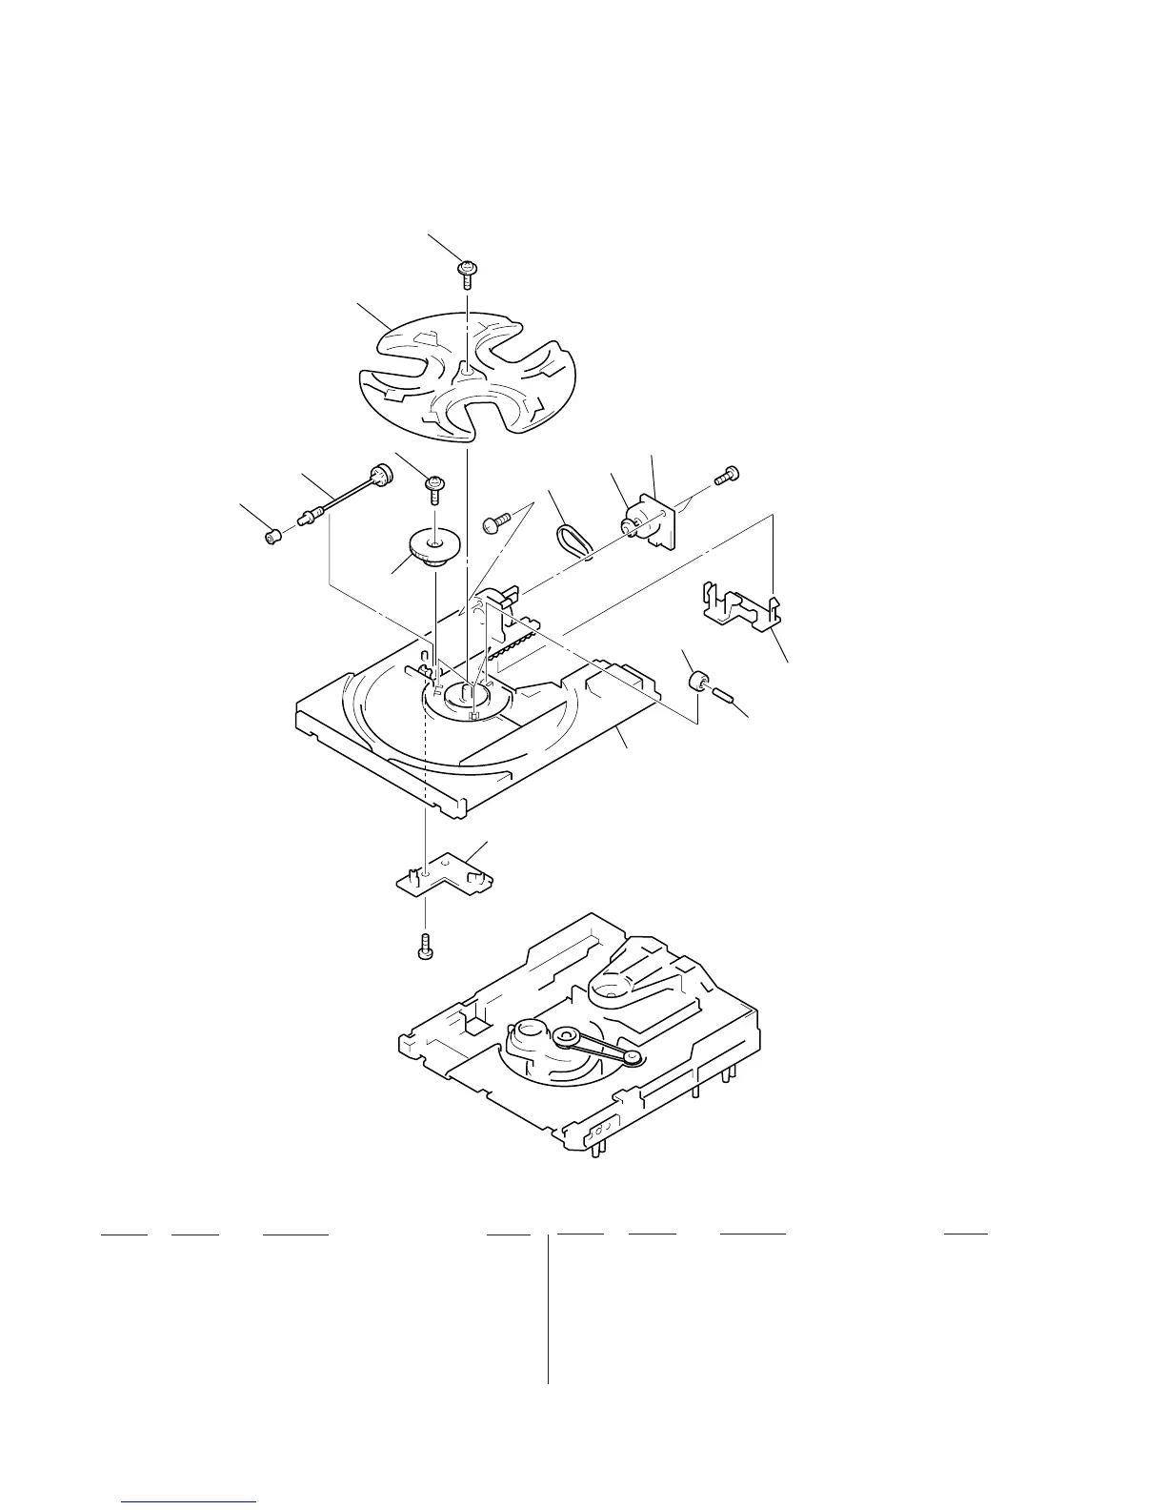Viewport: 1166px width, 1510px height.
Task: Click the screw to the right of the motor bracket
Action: (x=731, y=473)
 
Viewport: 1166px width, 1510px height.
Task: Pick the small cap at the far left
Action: (x=273, y=538)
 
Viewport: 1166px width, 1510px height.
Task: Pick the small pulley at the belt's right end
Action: (x=630, y=1058)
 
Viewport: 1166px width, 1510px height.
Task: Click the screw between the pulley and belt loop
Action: (x=497, y=522)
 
